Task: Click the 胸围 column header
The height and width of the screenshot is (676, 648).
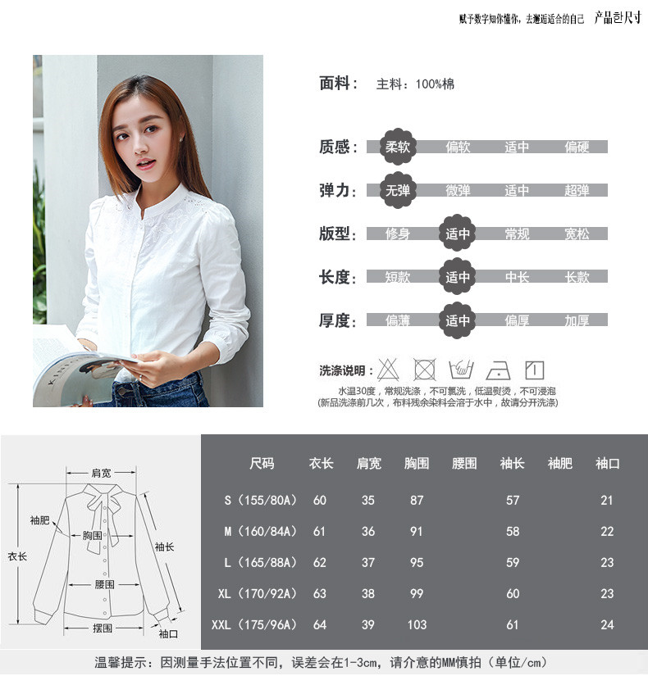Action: click(417, 464)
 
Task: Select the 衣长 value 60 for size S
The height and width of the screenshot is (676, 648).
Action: click(320, 500)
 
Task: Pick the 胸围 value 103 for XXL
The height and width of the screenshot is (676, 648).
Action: click(417, 624)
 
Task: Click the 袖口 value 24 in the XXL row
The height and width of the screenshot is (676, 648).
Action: click(607, 624)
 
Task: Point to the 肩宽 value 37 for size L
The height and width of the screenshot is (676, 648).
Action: click(368, 562)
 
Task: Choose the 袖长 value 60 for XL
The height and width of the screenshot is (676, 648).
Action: click(513, 593)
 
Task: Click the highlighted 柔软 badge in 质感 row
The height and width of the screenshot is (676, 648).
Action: click(398, 147)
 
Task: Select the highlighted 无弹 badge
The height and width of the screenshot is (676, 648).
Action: click(398, 191)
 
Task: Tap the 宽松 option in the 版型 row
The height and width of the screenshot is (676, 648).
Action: click(577, 234)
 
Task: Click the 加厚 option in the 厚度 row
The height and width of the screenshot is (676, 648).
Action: click(577, 321)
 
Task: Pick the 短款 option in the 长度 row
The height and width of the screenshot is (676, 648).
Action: click(398, 278)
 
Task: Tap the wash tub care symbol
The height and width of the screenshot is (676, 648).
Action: click(462, 370)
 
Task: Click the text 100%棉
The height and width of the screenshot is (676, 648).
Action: click(435, 84)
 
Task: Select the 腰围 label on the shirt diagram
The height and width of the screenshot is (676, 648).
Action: click(104, 584)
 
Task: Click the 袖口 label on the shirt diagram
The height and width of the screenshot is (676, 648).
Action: click(167, 633)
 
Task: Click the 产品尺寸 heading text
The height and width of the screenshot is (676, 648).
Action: click(617, 18)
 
